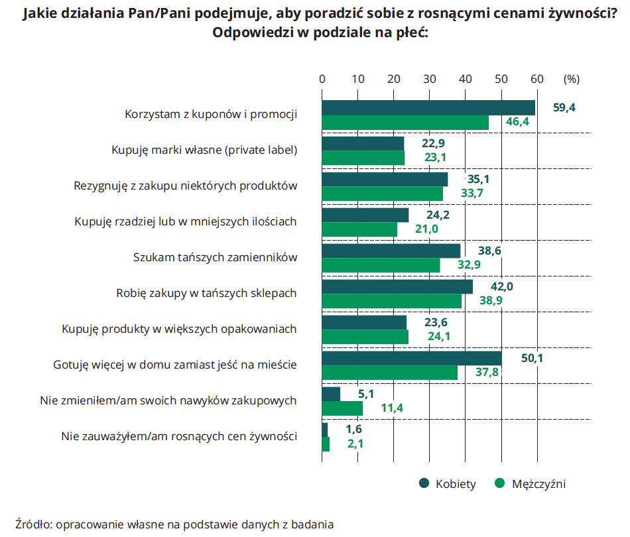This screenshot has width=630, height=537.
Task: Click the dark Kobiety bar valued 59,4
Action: [x=428, y=107]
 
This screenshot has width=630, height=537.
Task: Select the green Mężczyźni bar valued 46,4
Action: [x=405, y=123]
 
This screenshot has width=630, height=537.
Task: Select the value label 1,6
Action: [x=354, y=430]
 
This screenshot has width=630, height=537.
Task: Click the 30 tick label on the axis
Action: [x=430, y=79]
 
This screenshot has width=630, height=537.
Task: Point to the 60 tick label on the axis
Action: [x=537, y=79]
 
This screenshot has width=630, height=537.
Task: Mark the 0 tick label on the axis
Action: [x=322, y=79]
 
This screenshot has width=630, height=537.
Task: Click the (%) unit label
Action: [x=571, y=79]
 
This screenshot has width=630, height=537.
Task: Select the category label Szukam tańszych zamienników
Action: [x=215, y=258]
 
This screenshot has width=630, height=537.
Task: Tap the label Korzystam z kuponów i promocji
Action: [x=210, y=115]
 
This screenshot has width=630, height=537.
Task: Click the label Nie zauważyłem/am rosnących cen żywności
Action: [x=178, y=437]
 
